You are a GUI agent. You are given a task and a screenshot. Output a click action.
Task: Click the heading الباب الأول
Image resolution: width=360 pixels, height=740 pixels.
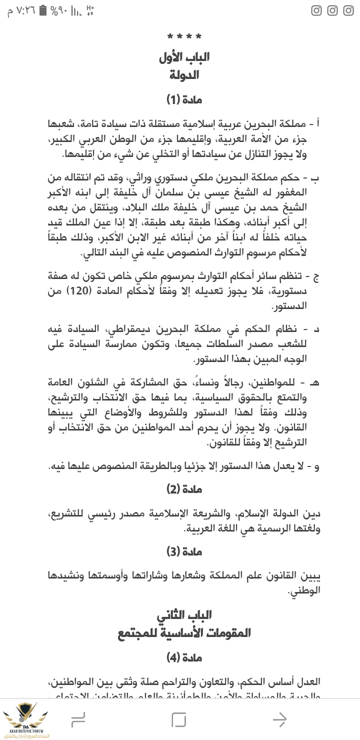(184, 57)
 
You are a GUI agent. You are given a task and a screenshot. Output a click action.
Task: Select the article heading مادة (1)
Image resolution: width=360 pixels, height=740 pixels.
(184, 100)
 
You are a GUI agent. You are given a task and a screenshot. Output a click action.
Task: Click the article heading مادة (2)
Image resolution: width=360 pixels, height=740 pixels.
(184, 489)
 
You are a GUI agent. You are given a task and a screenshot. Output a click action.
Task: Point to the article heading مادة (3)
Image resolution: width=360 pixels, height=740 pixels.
(184, 552)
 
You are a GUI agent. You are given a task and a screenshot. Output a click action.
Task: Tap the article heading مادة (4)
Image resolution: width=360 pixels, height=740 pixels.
(184, 658)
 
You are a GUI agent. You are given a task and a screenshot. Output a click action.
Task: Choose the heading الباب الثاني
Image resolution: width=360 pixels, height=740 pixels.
(184, 614)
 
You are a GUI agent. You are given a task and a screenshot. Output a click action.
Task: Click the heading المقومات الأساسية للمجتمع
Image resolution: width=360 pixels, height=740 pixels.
(184, 632)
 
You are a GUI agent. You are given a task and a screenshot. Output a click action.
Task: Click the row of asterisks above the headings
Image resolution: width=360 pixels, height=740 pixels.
(184, 36)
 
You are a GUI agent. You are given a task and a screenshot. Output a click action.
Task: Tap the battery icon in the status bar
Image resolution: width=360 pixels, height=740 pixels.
(43, 10)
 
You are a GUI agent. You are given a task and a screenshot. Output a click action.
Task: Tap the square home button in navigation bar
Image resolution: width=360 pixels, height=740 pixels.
(178, 719)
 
